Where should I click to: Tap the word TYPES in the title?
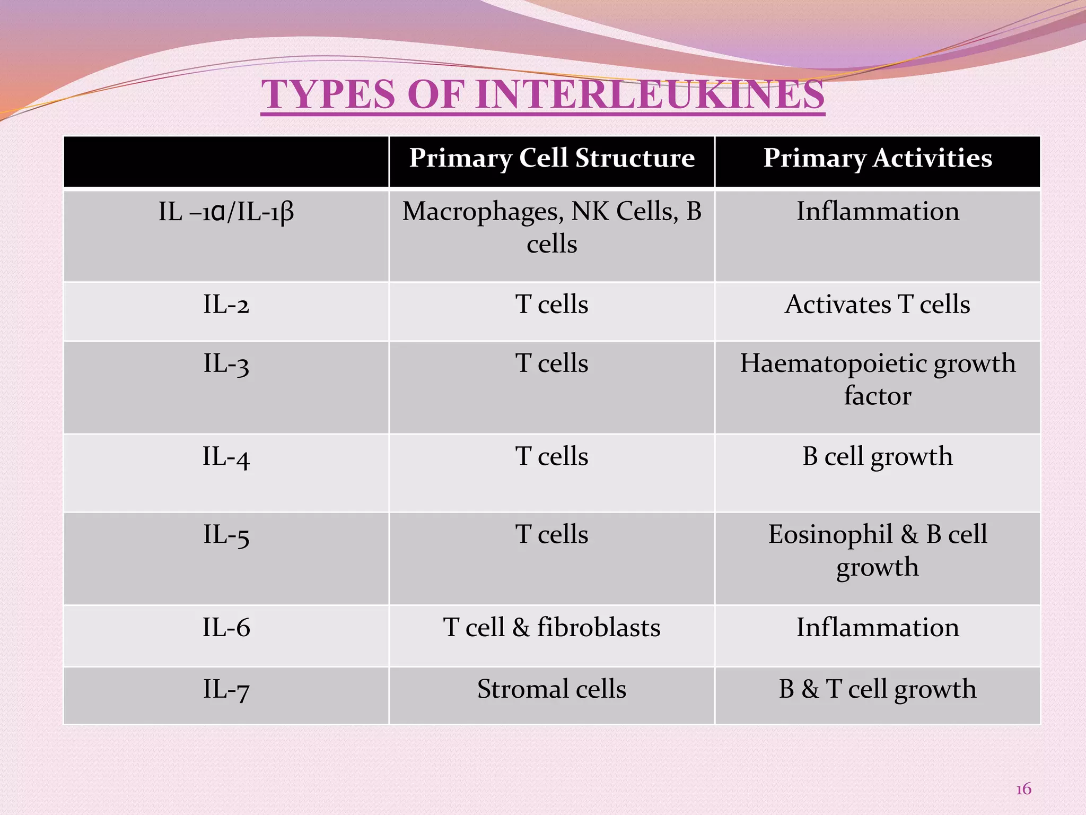(328, 94)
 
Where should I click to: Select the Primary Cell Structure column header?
(551, 158)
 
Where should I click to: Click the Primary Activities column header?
(878, 158)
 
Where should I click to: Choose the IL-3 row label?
(226, 364)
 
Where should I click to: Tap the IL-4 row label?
(226, 457)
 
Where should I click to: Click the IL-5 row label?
(226, 535)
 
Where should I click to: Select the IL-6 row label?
(226, 628)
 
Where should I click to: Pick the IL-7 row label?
(226, 689)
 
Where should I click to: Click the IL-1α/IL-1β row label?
(226, 212)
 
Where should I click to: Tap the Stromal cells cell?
(551, 689)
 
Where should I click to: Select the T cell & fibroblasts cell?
(551, 628)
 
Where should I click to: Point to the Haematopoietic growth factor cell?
(878, 379)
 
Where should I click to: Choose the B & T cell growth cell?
(878, 689)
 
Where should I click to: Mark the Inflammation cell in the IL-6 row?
(878, 628)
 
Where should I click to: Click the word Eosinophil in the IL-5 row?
(830, 535)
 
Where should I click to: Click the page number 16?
(1023, 789)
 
